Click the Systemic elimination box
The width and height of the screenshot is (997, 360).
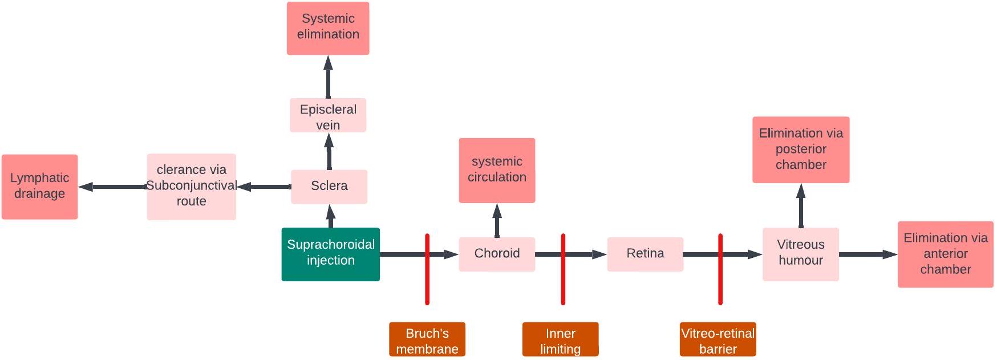(x=328, y=28)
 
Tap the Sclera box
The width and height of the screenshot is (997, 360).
(x=329, y=186)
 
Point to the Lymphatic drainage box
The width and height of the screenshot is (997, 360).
(x=39, y=187)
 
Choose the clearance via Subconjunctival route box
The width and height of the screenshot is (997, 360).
(x=191, y=187)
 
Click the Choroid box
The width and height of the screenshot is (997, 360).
(x=497, y=254)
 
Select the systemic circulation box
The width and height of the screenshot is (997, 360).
(x=497, y=170)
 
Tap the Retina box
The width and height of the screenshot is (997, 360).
(x=645, y=254)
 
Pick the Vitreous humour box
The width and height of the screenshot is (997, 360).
(x=800, y=254)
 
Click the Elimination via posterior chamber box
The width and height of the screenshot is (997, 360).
(x=800, y=149)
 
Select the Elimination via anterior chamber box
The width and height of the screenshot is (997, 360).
(x=945, y=254)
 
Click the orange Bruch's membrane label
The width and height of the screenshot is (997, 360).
(x=427, y=339)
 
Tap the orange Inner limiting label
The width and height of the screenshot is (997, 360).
(x=560, y=339)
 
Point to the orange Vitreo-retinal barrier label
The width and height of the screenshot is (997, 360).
(x=718, y=339)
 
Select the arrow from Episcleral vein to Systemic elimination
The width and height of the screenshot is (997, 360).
(x=328, y=77)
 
